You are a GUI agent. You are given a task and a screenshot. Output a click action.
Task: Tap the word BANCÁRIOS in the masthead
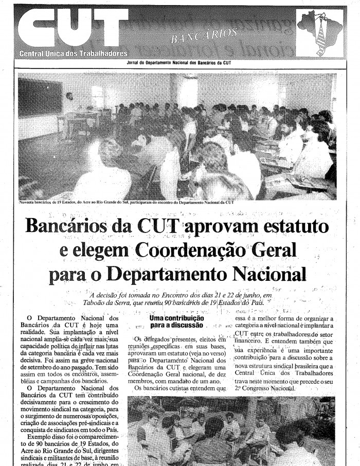[204, 35]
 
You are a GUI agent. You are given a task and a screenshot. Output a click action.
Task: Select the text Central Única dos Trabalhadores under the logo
[73, 53]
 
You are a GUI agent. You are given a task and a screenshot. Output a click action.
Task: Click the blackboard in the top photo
[40, 98]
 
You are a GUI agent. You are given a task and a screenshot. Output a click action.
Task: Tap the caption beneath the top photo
[126, 202]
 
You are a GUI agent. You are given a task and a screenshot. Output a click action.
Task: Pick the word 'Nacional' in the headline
[269, 274]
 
